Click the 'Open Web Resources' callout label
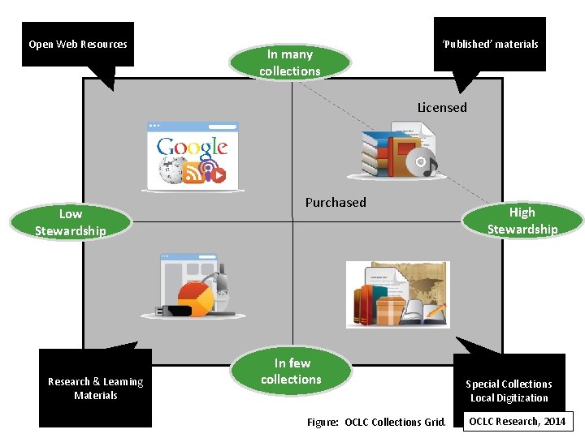tap(78, 45)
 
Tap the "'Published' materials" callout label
tap(490, 45)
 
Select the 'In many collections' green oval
tap(290, 62)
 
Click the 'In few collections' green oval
tap(292, 371)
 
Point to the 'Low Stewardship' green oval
tap(71, 222)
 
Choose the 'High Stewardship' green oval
tap(522, 221)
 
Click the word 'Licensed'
tap(442, 107)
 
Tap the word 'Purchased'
tap(336, 202)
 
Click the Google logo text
tap(193, 147)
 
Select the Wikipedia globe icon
tap(171, 173)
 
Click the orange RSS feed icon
tap(192, 173)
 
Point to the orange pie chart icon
tap(195, 298)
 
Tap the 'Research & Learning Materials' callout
tap(95, 389)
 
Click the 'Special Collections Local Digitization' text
tap(509, 391)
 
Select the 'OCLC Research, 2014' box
tap(517, 421)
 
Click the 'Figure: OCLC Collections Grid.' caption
tap(376, 422)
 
